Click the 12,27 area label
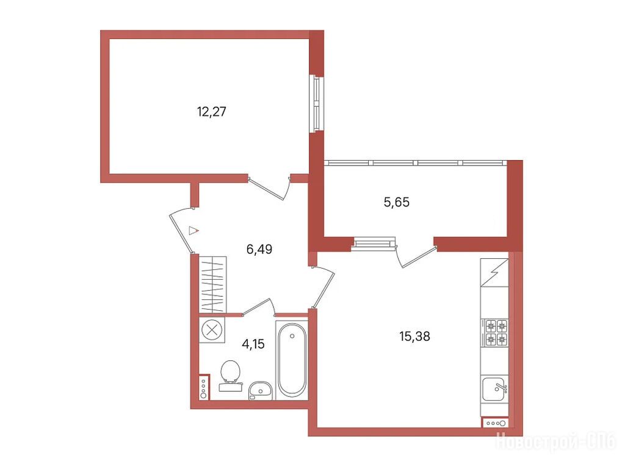[211, 112]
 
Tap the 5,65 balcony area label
[397, 202]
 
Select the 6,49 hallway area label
[259, 249]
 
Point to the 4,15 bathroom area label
[253, 343]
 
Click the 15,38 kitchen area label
[414, 336]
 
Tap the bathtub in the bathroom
[292, 360]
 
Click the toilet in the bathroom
[230, 376]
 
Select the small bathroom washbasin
[260, 390]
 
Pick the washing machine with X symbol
[212, 330]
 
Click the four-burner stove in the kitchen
[494, 332]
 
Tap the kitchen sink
[494, 389]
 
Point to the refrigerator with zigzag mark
[494, 272]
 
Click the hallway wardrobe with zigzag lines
[212, 285]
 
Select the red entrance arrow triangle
[193, 230]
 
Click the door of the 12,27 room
[269, 188]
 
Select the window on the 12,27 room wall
[317, 104]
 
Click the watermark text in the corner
[556, 441]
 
